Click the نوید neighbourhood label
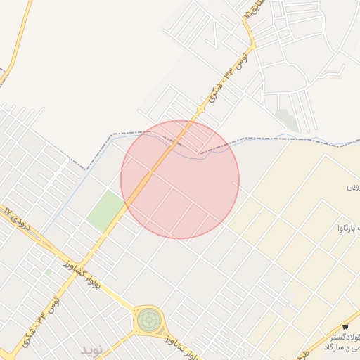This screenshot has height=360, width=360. (x=91, y=349)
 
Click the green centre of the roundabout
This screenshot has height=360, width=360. (x=148, y=321)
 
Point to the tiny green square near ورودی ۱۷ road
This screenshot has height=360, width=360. (x=49, y=271)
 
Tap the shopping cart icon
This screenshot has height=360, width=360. (x=345, y=327)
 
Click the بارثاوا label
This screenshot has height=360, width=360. (x=349, y=226)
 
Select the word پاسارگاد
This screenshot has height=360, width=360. (x=341, y=347)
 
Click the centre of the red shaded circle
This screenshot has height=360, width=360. (x=180, y=180)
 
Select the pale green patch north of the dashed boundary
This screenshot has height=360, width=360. (x=285, y=120)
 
